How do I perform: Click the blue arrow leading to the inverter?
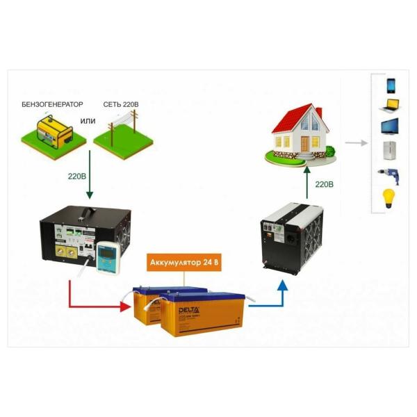point(268,295)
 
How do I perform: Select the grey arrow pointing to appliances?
point(356,143)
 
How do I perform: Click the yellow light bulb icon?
point(389,197)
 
